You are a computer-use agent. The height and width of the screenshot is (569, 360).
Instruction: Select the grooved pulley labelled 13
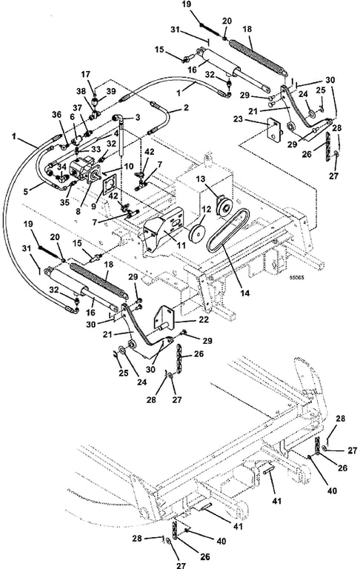223,205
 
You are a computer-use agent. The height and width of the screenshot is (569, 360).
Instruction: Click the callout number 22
204,319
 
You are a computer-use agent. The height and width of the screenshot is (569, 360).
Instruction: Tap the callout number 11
180,246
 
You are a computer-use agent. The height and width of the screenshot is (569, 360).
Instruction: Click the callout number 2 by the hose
186,107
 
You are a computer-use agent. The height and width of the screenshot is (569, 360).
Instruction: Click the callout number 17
85,74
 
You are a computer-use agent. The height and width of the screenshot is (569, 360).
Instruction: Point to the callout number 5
25,191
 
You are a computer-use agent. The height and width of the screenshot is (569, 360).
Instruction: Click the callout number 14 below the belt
245,293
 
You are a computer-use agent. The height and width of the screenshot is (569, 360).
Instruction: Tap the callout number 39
110,91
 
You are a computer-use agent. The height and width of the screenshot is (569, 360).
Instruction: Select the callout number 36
56,115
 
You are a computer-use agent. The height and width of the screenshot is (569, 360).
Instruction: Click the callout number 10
128,167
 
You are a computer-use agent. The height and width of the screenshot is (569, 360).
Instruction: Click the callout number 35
64,202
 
